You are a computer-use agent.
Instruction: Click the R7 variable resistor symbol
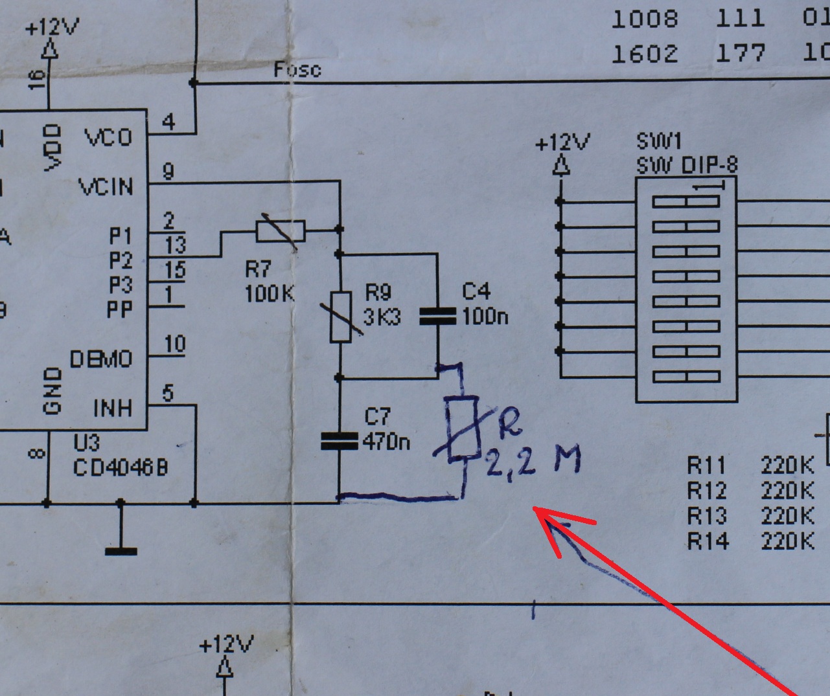[x=280, y=230]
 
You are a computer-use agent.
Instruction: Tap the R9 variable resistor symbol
[x=341, y=317]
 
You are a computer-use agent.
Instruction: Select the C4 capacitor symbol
[x=438, y=316]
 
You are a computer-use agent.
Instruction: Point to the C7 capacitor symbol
[x=340, y=441]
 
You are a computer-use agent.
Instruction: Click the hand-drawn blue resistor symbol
[x=461, y=429]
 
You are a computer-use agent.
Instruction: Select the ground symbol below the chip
[x=121, y=550]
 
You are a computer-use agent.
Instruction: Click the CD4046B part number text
[x=120, y=467]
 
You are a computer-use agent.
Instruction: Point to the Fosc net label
[x=297, y=69]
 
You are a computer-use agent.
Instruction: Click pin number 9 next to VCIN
[x=168, y=172]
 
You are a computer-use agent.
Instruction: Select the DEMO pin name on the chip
[x=100, y=359]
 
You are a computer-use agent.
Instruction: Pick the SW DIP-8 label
[x=686, y=166]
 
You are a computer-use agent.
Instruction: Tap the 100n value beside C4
[x=485, y=317]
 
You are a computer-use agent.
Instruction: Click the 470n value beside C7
[x=387, y=442]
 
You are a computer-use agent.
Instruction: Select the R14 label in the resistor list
[x=708, y=540]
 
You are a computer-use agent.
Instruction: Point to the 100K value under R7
[x=270, y=294]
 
